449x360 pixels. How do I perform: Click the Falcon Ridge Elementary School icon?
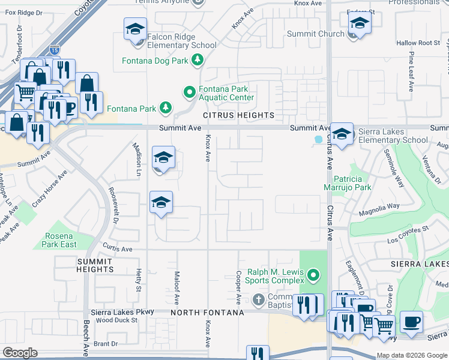(x=135, y=29)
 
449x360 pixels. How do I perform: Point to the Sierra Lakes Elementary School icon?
(x=342, y=135)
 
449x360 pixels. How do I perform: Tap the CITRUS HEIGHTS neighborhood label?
(x=238, y=115)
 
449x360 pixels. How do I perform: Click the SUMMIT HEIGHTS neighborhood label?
(x=95, y=266)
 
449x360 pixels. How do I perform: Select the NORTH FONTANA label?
(x=207, y=313)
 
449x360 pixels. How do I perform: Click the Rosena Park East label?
(x=59, y=240)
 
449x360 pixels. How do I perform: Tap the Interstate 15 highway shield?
(x=54, y=52)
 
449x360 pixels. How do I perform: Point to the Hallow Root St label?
(x=418, y=43)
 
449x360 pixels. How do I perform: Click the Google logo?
(x=20, y=353)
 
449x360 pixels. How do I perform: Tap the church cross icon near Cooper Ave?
(x=258, y=299)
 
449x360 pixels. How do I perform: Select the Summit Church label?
(x=315, y=34)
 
